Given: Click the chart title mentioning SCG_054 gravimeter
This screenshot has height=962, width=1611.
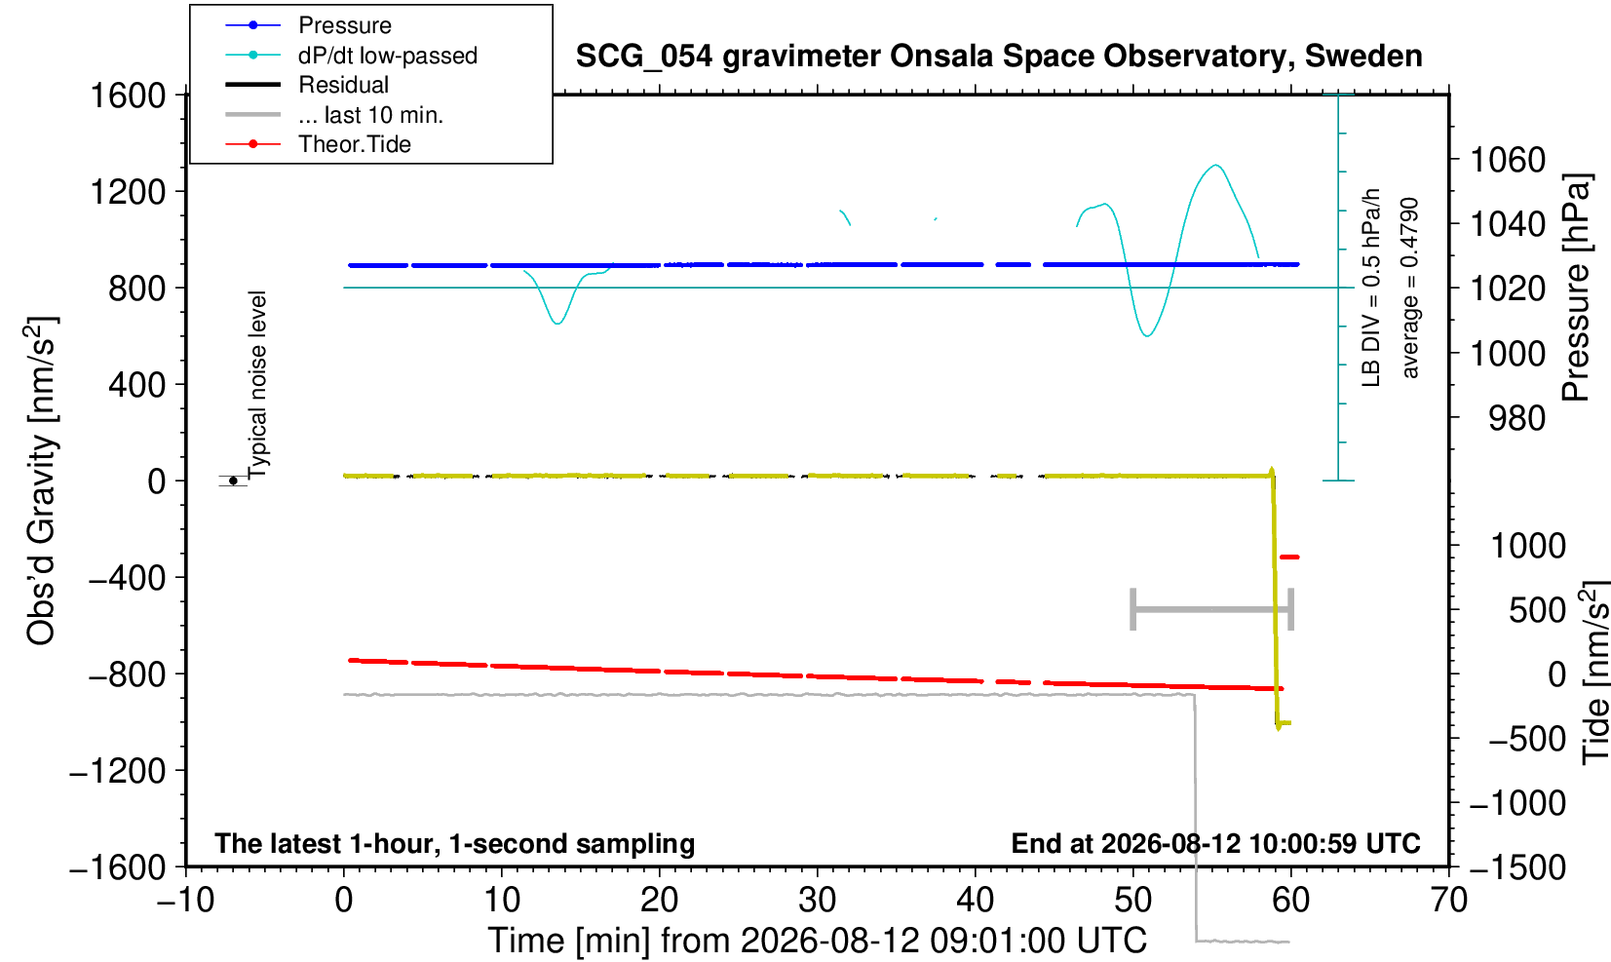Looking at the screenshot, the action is [x=999, y=57].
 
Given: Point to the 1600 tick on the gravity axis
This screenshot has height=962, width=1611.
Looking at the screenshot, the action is [x=128, y=96].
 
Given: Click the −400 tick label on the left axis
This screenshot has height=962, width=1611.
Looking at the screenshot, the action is [x=128, y=577].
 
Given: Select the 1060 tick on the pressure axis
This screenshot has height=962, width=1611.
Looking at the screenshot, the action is [x=1508, y=160].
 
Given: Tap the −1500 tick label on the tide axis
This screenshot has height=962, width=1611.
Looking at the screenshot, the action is [x=1517, y=867].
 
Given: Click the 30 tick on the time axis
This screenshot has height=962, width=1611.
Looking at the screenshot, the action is [x=817, y=901].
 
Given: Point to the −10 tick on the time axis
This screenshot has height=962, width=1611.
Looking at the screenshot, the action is [x=185, y=901].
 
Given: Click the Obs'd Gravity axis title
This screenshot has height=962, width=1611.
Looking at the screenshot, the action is [x=41, y=481].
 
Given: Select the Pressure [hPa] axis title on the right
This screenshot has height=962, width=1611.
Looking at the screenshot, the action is [x=1577, y=288].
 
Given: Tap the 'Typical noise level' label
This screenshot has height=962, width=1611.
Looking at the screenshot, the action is [x=256, y=386].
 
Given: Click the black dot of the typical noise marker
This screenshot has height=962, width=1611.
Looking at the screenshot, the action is [x=233, y=481].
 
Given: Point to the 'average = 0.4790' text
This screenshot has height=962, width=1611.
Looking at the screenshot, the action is [x=1410, y=288].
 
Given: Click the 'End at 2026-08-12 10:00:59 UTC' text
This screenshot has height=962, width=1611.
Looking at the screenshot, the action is [x=1215, y=843].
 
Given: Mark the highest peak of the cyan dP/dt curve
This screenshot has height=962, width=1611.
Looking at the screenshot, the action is [x=1215, y=165].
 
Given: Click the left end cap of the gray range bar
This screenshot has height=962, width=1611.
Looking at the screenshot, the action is [x=1132, y=609].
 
